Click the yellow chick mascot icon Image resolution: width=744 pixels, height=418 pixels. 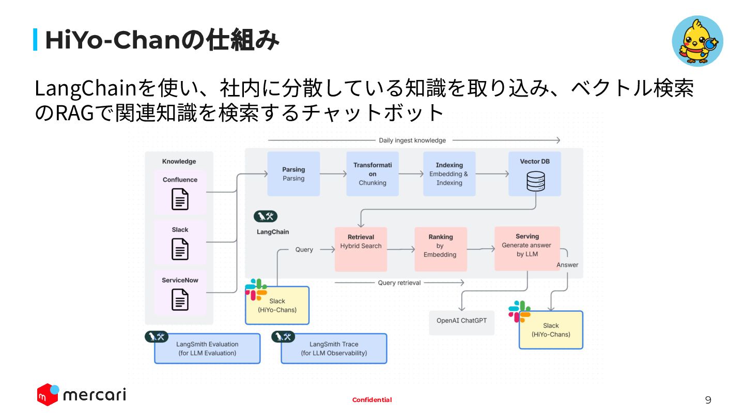[x=697, y=41]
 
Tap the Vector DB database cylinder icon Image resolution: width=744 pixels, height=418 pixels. [x=535, y=181]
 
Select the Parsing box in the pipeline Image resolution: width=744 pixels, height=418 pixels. [x=293, y=174]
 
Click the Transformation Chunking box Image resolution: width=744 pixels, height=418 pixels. [x=373, y=174]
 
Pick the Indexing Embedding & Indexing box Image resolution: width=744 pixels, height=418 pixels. [x=449, y=174]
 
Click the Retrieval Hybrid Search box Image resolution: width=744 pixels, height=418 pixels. [x=361, y=249]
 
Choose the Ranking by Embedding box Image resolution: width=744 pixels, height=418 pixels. [x=440, y=249]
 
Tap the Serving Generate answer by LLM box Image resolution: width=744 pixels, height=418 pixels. [x=527, y=249]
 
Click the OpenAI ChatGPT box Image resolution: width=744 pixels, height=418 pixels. [x=462, y=323]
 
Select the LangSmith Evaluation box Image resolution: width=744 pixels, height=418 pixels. [x=207, y=348]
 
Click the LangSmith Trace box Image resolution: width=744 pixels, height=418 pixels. [x=334, y=348]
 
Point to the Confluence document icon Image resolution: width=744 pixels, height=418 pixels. [x=180, y=199]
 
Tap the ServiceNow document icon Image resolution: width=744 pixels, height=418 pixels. [x=180, y=299]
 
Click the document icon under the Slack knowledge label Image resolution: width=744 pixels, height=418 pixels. [x=180, y=249]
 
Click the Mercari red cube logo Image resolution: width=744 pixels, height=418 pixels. [x=48, y=394]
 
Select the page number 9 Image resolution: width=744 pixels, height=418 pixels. [x=708, y=400]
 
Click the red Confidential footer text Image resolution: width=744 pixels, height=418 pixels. [x=372, y=400]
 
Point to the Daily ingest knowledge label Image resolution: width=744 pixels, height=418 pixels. [x=412, y=140]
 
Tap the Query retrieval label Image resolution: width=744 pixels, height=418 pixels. [x=399, y=283]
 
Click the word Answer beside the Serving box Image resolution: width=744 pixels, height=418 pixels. [x=567, y=265]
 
